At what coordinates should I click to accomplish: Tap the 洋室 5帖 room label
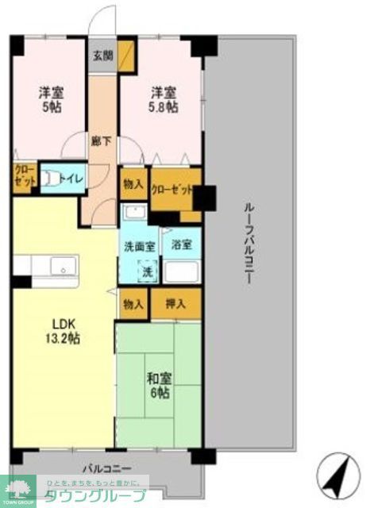pos(50,98)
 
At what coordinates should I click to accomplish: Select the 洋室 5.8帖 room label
pos(162,98)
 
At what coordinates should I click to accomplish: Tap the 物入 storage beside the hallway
pos(133,183)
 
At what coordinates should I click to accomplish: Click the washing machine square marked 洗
pos(146,271)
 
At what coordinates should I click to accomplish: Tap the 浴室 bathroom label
pos(181,246)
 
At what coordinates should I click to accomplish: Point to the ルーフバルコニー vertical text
pos(249,247)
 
